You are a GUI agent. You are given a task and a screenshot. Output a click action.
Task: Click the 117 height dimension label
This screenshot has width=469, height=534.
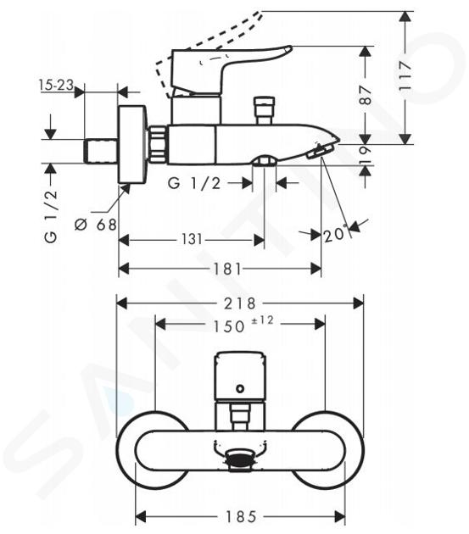405,75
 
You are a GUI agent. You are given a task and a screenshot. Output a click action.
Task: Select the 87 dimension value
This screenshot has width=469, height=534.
365,95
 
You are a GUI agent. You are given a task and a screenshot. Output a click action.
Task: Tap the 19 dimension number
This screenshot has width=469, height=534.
365,154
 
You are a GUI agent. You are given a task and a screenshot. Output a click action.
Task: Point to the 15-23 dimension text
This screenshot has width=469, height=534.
56,85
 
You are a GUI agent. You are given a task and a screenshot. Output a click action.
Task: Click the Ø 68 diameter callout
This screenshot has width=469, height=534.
96,225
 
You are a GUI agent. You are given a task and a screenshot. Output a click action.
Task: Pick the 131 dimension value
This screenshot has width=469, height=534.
192,239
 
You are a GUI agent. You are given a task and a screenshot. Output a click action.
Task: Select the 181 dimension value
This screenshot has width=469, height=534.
227,269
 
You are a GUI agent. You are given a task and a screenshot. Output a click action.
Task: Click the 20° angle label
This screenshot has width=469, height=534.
335,234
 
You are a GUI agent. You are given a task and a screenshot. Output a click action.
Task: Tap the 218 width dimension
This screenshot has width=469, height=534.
240,303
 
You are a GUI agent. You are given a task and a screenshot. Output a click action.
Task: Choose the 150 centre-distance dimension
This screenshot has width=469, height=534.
229,326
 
